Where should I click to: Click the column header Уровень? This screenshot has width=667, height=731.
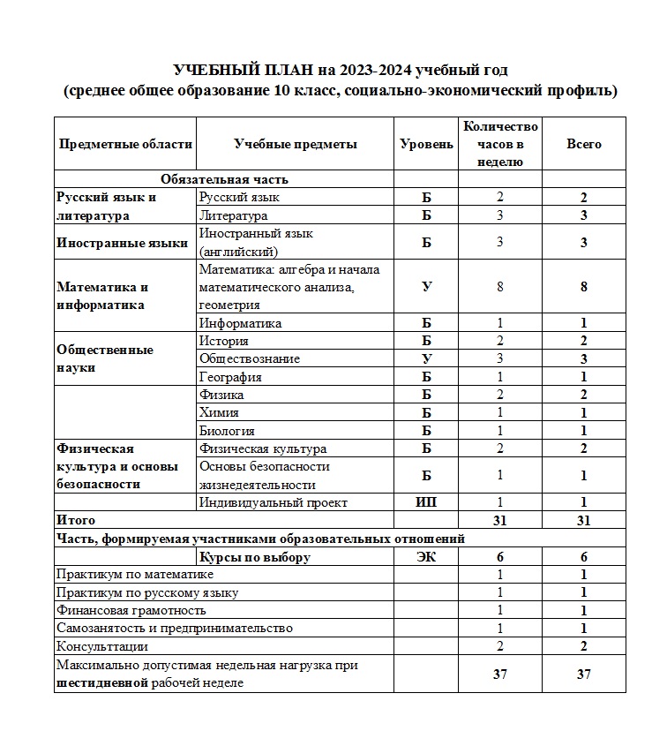[x=427, y=144]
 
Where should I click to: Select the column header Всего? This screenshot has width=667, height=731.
[x=584, y=144]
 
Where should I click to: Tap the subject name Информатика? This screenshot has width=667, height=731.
[x=240, y=323]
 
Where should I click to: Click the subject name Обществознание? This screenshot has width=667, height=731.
[x=250, y=358]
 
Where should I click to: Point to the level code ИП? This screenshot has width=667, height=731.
[x=427, y=502]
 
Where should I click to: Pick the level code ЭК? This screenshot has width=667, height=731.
[x=427, y=557]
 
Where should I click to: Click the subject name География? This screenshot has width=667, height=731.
[x=230, y=377]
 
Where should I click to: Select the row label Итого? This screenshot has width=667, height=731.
[x=76, y=520]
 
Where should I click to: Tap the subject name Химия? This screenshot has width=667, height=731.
[x=220, y=412]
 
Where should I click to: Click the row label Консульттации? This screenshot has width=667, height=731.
[x=101, y=646]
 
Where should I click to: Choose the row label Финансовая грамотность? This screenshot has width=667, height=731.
[x=131, y=610]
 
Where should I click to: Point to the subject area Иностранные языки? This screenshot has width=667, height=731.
[x=122, y=243]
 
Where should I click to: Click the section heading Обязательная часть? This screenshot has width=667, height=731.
[x=224, y=179]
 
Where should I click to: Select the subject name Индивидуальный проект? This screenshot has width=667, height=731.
[x=274, y=502]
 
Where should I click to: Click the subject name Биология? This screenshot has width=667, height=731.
[x=228, y=431]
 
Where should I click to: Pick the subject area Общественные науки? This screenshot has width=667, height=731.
[x=104, y=358]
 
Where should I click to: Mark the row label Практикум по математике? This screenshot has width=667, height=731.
[x=134, y=575]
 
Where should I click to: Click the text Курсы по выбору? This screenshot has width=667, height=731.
[x=255, y=557]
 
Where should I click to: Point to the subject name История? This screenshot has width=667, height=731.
[x=224, y=341]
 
